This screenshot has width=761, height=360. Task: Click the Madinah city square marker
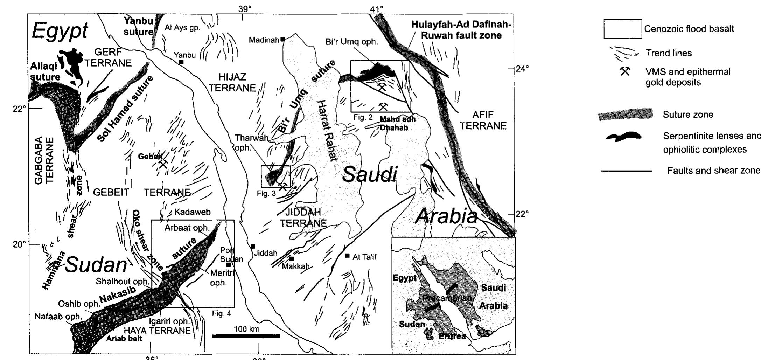[x=282, y=39]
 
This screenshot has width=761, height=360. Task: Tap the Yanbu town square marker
[x=181, y=62]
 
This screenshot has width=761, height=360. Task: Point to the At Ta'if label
[x=364, y=257]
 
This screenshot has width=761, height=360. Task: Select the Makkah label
[x=296, y=266]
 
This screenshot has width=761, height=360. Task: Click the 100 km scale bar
[x=246, y=336]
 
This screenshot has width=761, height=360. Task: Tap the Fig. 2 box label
[x=363, y=117]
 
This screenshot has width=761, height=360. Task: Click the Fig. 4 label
[x=221, y=313]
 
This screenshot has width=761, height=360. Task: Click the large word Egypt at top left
[x=60, y=31]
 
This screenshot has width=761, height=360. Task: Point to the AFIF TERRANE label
[x=483, y=120]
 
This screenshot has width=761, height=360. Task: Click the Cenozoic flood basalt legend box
[x=622, y=29]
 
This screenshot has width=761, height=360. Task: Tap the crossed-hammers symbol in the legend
[x=625, y=72]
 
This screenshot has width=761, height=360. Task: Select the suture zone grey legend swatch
[x=626, y=115]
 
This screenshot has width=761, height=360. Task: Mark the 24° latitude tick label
[x=522, y=69]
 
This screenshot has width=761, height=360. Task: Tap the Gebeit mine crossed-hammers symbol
[x=163, y=164]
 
